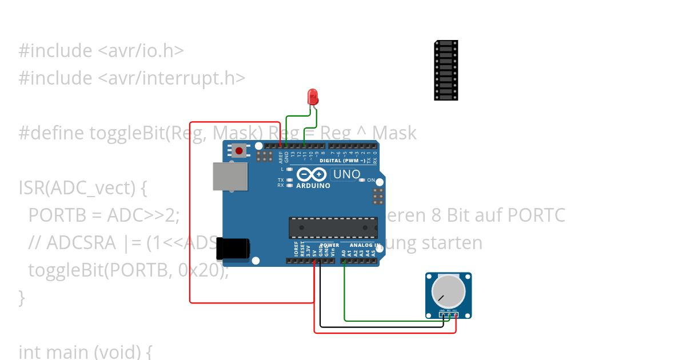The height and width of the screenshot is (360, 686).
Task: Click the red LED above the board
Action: (x=313, y=96)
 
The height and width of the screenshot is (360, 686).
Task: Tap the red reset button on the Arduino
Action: (x=238, y=151)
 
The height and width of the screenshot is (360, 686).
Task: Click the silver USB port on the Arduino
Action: (x=230, y=176)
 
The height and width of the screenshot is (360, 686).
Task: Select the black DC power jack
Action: (x=234, y=249)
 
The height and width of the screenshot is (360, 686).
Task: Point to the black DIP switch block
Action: (x=446, y=70)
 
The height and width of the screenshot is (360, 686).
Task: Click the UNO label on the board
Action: (x=346, y=174)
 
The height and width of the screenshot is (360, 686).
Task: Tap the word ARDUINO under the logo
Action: (x=313, y=186)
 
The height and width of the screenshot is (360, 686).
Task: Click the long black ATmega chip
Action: (x=333, y=227)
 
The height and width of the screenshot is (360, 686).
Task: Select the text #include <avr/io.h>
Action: (x=101, y=50)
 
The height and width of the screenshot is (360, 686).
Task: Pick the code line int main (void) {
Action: (x=85, y=351)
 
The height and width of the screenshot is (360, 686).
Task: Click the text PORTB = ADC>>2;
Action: (x=104, y=215)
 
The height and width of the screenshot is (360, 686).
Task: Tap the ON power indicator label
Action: (x=371, y=181)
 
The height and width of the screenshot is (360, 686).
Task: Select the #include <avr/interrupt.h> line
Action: (x=132, y=78)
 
